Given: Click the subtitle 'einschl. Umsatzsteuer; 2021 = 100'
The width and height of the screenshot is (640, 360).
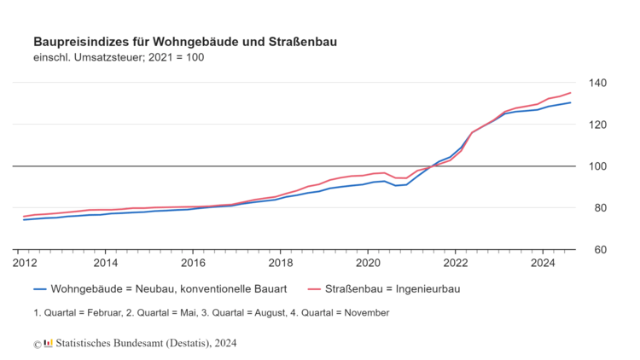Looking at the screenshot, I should [x=119, y=57].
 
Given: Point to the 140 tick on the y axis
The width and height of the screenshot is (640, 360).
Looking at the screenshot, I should [x=596, y=83].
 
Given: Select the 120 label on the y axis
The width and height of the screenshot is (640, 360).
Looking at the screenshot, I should [x=596, y=125].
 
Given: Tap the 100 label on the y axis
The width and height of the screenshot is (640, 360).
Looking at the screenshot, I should [x=596, y=166].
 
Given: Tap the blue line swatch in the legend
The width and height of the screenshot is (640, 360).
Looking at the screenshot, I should [x=39, y=289].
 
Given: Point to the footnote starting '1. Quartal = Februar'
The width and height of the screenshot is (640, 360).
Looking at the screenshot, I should [x=211, y=312].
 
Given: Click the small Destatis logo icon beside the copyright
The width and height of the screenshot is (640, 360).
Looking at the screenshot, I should [x=48, y=343].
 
